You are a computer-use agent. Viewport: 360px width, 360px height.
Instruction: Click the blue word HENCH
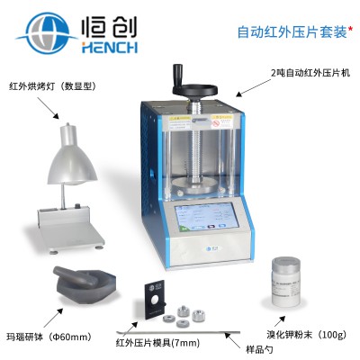click(110, 48)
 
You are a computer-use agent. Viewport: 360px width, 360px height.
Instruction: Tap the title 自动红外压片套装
click(292, 31)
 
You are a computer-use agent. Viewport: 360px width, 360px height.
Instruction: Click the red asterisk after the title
click(350, 29)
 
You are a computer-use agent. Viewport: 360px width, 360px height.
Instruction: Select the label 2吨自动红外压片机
click(310, 73)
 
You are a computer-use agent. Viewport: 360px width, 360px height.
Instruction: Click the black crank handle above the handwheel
click(176, 76)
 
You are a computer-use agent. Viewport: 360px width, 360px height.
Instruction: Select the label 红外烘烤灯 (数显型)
click(52, 86)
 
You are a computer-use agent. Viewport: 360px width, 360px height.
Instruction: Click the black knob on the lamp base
click(79, 206)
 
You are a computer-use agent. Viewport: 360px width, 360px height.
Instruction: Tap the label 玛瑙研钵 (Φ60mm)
click(49, 337)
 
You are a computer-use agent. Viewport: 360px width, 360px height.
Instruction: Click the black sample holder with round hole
click(156, 301)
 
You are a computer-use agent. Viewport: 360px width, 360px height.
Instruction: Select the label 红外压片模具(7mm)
click(157, 343)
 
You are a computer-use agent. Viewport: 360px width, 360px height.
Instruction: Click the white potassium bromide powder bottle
click(285, 282)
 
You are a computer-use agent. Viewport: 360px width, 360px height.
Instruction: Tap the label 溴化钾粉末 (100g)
click(307, 335)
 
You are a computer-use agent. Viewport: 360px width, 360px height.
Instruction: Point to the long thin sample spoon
click(178, 332)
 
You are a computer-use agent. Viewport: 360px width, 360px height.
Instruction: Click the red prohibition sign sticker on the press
click(215, 123)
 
